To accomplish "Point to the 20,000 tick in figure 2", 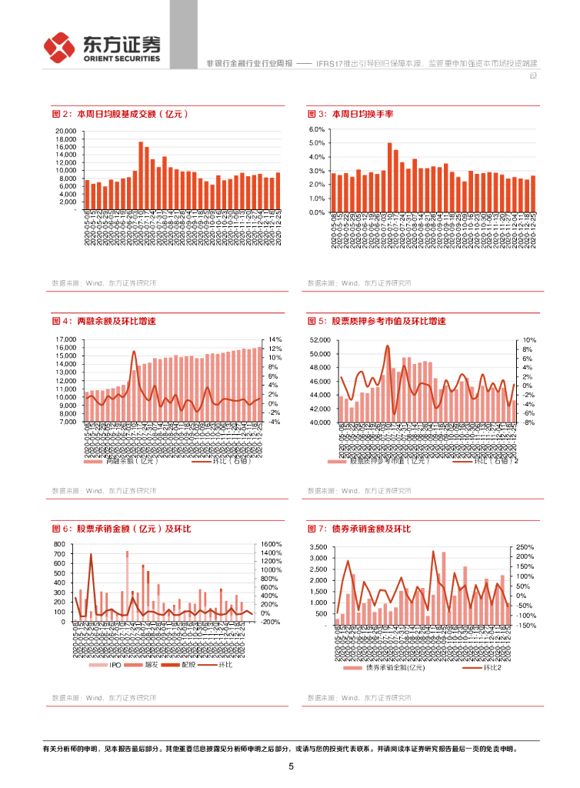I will coord(65,131).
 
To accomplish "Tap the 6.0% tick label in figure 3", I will coord(317,130).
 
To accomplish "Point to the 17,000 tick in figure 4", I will coord(65,339).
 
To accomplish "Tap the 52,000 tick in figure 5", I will coord(319,339).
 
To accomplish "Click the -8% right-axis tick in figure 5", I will coord(528,422).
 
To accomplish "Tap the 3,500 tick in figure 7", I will coord(318,547).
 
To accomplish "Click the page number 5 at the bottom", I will coord(291,766).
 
